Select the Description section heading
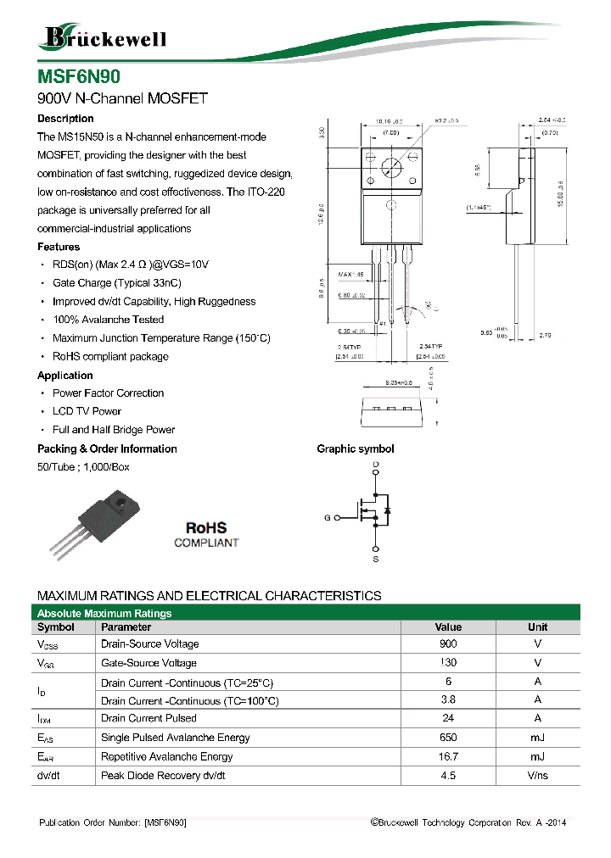pyautogui.click(x=65, y=119)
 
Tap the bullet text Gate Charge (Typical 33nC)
pyautogui.click(x=116, y=283)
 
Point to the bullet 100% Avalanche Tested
pyautogui.click(x=108, y=320)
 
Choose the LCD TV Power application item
pyautogui.click(x=87, y=411)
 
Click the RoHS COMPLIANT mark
pyautogui.click(x=206, y=535)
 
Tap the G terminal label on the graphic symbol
pyautogui.click(x=327, y=517)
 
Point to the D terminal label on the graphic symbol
pyautogui.click(x=375, y=465)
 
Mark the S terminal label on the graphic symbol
pyautogui.click(x=375, y=560)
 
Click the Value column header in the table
pyautogui.click(x=448, y=627)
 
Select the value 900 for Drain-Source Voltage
pyautogui.click(x=448, y=644)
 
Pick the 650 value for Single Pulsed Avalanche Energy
pyautogui.click(x=448, y=738)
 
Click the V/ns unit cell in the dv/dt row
pyautogui.click(x=537, y=776)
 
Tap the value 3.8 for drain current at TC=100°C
pyautogui.click(x=448, y=700)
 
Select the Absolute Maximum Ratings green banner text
pyautogui.click(x=105, y=613)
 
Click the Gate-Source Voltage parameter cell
pyautogui.click(x=149, y=663)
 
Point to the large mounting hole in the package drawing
pyautogui.click(x=391, y=167)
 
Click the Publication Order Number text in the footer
pyautogui.click(x=113, y=823)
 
